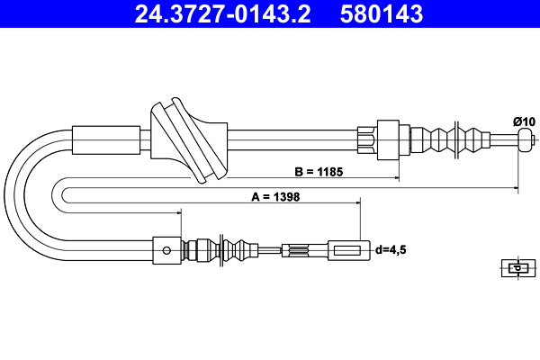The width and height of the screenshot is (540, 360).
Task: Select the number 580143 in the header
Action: [382, 13]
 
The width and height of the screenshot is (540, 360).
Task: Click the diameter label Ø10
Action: [523, 121]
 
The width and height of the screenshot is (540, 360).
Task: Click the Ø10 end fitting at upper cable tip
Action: [526, 139]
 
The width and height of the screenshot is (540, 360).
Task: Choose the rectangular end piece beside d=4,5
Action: [346, 249]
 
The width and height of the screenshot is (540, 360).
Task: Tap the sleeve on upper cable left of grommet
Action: [108, 140]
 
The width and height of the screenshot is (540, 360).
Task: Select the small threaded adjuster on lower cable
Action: [297, 249]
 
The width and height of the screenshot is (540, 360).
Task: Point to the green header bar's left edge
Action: [4, 13]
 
